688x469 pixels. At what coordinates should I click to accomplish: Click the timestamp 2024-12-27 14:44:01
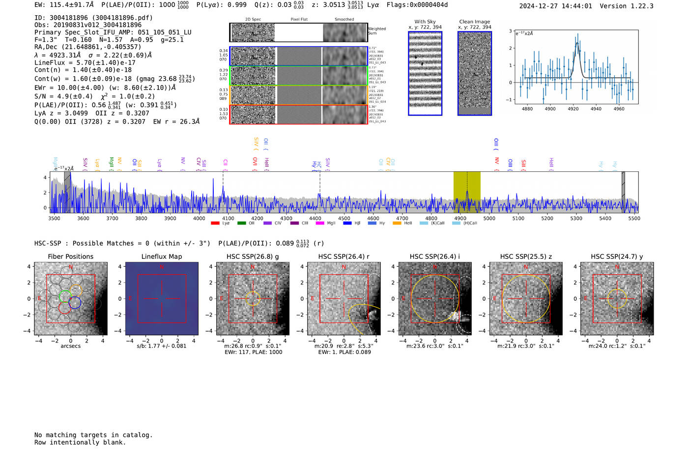point(555,6)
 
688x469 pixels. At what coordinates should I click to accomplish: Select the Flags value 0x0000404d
point(430,5)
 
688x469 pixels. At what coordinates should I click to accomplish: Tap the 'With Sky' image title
point(425,22)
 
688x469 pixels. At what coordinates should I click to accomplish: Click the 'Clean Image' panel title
point(474,22)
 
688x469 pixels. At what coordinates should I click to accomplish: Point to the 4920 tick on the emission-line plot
point(573,109)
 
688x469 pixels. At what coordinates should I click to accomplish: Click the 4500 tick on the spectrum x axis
point(344,219)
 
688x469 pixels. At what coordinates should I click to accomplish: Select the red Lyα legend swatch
point(215,223)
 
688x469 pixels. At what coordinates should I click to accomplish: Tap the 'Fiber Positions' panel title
point(70,256)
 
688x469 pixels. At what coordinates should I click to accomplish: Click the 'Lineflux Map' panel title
point(161,256)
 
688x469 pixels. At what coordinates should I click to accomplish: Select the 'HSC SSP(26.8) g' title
point(253,256)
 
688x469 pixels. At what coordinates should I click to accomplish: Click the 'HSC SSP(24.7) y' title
point(617,256)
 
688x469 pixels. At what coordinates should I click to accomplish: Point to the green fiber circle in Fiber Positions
point(65,296)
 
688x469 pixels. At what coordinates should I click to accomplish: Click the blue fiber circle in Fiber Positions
point(75,303)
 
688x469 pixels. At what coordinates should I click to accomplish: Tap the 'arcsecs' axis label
point(70,346)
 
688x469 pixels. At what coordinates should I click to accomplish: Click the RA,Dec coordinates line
point(87,47)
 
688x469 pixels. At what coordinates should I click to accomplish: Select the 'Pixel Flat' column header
point(299,20)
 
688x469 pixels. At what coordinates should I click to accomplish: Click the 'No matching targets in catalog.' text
point(93,435)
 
